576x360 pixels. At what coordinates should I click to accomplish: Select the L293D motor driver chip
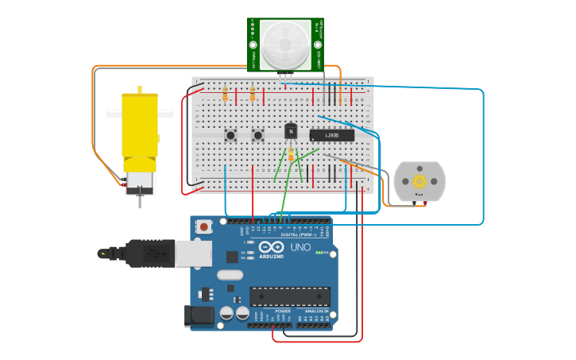331,135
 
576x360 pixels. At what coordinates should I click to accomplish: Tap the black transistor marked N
291,131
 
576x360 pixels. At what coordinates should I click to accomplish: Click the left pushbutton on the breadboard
230,135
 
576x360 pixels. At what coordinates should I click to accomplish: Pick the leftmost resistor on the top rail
226,95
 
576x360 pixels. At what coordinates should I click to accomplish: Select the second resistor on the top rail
253,95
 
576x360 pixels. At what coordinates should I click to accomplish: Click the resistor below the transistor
291,155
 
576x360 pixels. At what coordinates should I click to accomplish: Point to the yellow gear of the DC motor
419,181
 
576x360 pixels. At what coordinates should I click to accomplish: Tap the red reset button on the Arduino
204,226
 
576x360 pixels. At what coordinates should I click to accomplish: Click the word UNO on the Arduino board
301,248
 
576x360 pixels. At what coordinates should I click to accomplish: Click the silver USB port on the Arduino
193,254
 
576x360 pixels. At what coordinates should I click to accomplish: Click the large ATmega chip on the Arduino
290,296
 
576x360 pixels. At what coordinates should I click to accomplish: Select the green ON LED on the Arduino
319,253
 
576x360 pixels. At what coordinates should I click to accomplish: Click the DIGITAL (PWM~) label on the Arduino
297,235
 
